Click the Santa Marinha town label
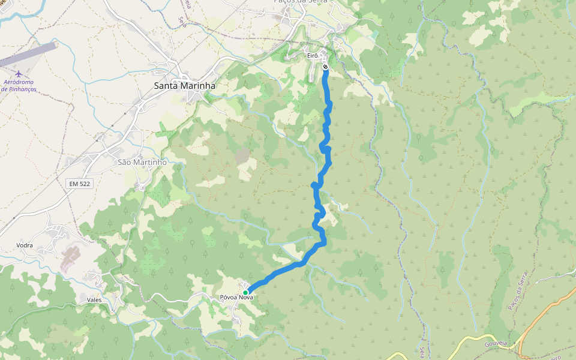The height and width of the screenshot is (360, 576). pyautogui.click(x=184, y=86)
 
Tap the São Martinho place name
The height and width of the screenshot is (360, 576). pyautogui.click(x=142, y=162)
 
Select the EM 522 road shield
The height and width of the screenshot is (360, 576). pyautogui.click(x=79, y=183)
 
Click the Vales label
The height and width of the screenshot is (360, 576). pyautogui.click(x=94, y=299)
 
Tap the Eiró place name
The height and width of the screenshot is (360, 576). pyautogui.click(x=312, y=55)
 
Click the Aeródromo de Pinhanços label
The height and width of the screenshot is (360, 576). pyautogui.click(x=19, y=85)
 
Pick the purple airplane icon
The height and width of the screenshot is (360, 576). pyautogui.click(x=19, y=74)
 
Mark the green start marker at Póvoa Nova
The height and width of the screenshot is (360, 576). pyautogui.click(x=245, y=292)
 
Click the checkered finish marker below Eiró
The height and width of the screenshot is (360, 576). pyautogui.click(x=325, y=67)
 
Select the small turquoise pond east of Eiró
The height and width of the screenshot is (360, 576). pyautogui.click(x=374, y=34)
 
